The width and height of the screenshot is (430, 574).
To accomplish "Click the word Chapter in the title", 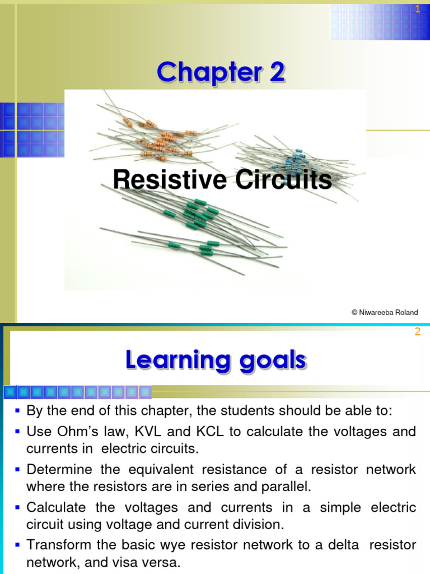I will pos(204,73).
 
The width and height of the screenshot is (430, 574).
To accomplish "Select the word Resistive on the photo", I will pos(170,180).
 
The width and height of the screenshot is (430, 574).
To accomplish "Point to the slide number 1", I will pos(417,9).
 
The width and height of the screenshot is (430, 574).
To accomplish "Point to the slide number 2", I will pos(417,332).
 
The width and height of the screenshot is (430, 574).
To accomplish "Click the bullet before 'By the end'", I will pos(18,411).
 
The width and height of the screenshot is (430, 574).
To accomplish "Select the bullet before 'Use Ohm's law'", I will pos(18,432).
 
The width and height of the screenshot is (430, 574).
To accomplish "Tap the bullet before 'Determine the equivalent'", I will pos(18,469).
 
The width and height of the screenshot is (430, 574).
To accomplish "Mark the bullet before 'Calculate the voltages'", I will pos(18,507).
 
